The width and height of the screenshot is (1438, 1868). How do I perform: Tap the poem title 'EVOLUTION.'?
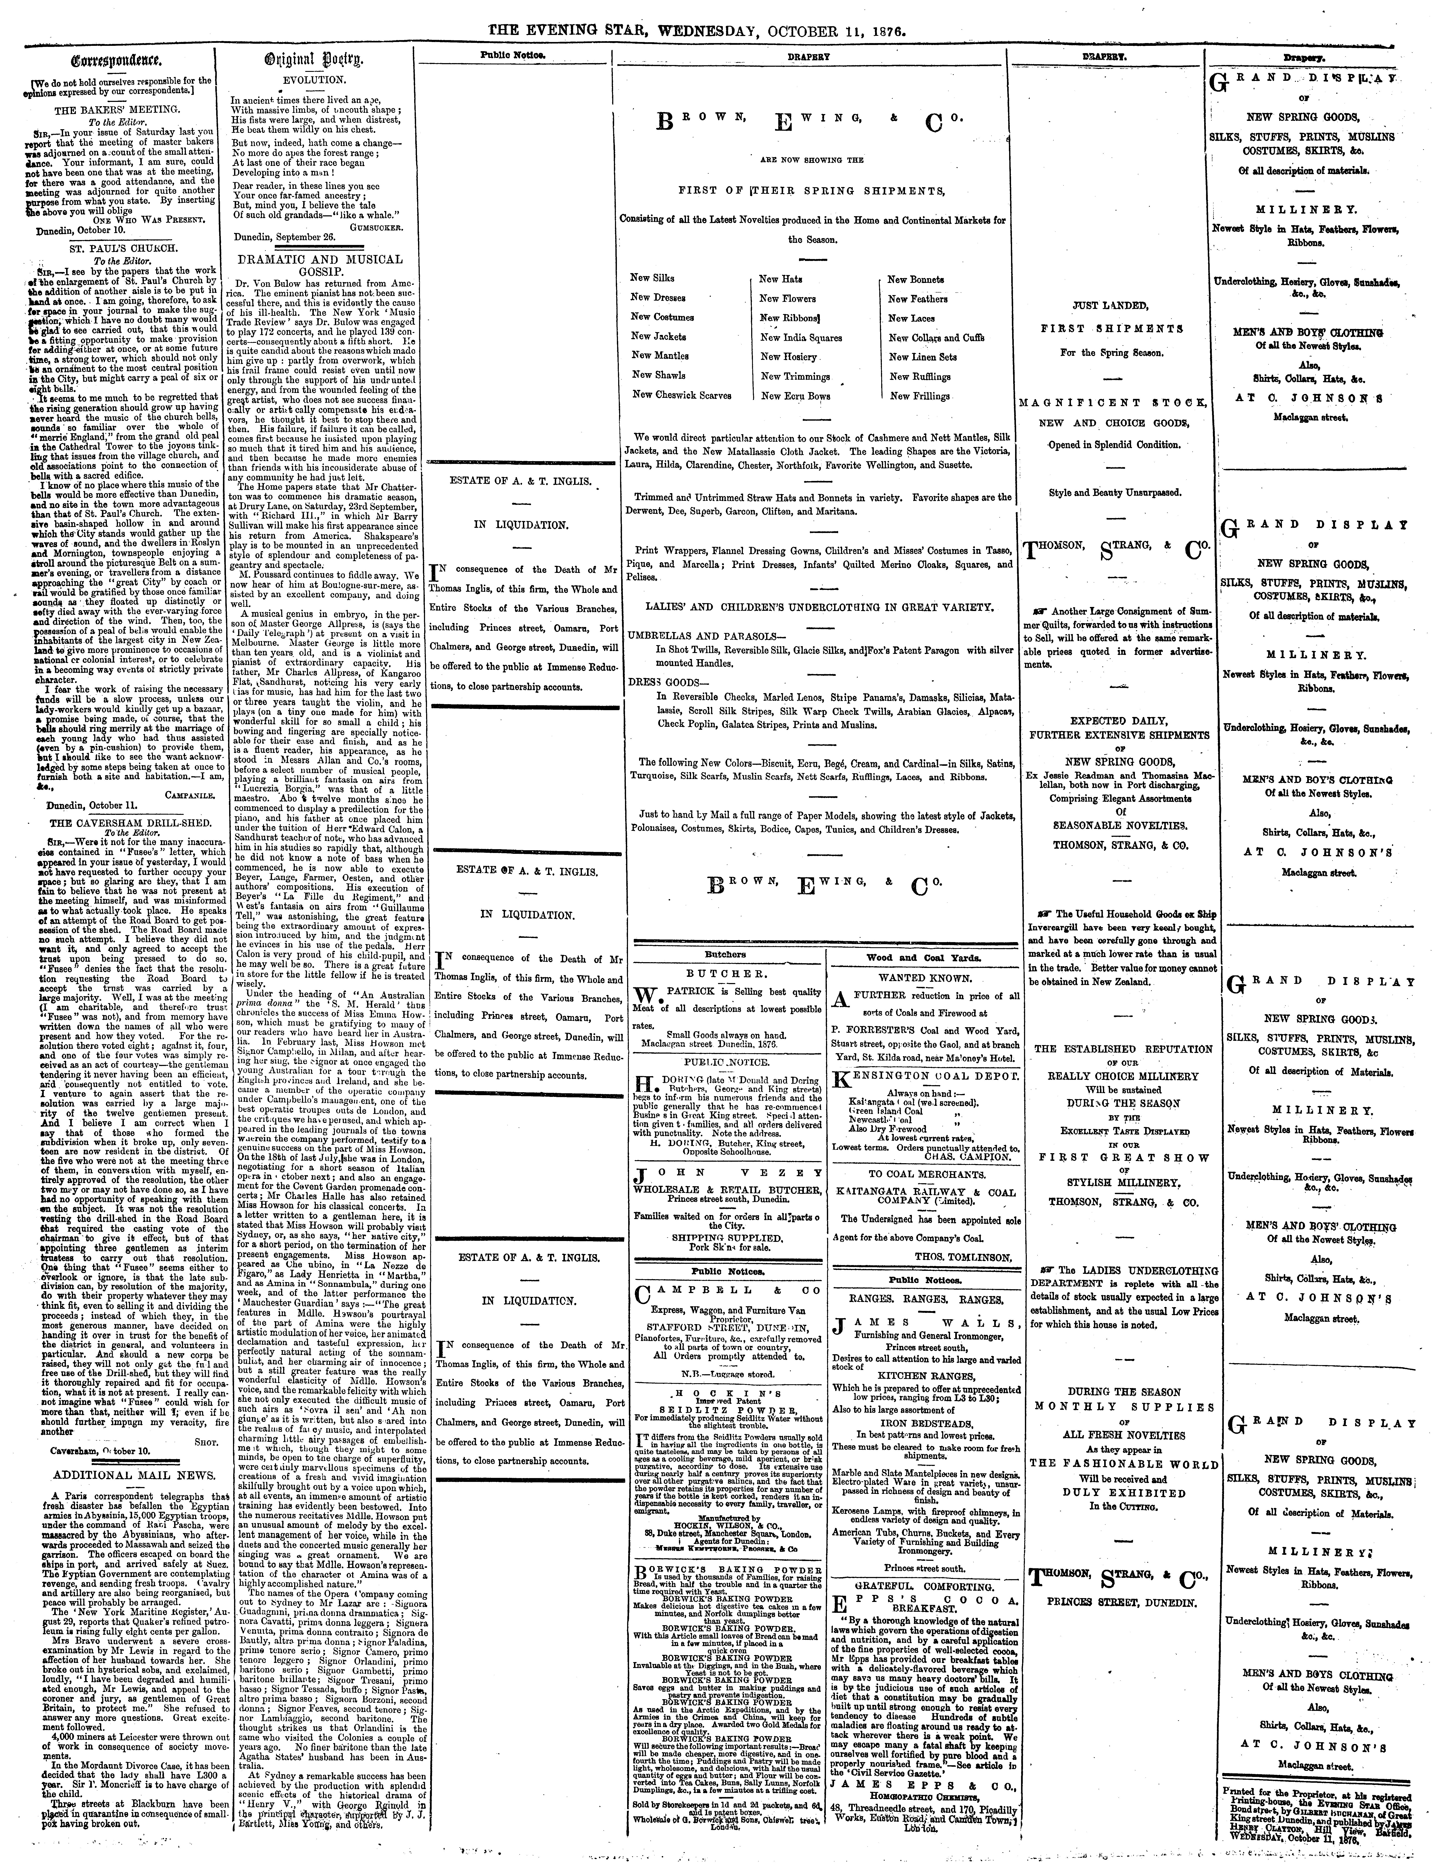[313, 79]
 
